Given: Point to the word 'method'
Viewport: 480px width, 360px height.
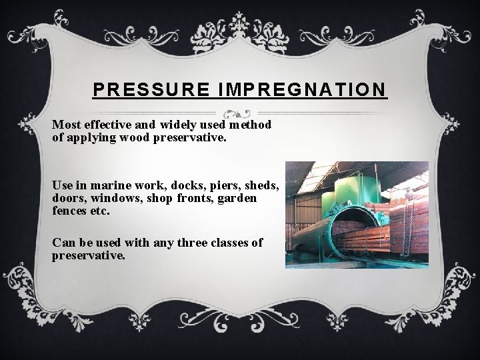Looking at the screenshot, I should coord(249,125).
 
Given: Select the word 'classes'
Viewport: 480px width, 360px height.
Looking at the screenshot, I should coord(231,243).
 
